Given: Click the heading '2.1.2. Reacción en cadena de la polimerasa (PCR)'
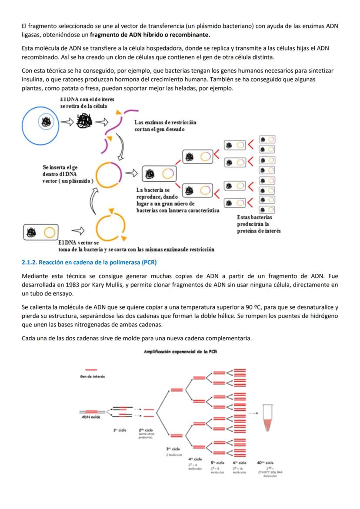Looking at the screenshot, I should tap(89, 263).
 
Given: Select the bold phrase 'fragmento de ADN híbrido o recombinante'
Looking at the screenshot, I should tap(152, 34).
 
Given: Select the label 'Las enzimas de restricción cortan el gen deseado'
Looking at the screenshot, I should tap(165, 126).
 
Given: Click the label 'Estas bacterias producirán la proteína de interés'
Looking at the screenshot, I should tap(258, 224).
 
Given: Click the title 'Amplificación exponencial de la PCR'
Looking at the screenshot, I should tap(180, 352).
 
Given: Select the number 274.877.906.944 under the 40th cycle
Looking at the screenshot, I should tap(270, 472).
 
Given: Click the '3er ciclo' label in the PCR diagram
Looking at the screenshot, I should tap(173, 448).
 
